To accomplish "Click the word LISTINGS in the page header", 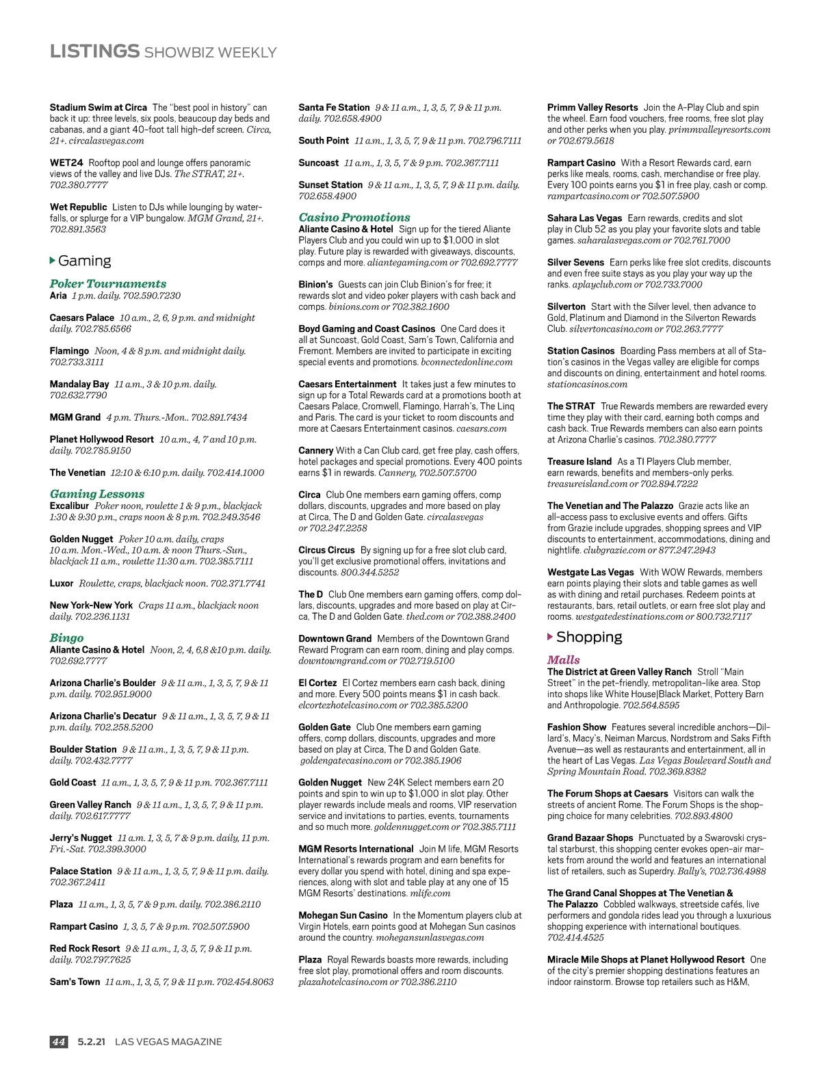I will click(x=94, y=51).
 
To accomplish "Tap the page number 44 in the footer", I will click(x=59, y=1041).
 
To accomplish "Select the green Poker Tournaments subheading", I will click(x=108, y=283).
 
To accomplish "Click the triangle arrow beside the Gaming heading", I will click(x=53, y=261).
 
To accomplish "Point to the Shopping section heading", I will click(x=588, y=637).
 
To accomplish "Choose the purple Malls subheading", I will click(x=563, y=660).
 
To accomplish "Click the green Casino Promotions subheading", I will click(x=354, y=218).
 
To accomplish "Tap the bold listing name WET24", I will click(x=66, y=163).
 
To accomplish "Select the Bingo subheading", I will click(x=66, y=638).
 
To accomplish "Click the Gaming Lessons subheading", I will click(x=97, y=494).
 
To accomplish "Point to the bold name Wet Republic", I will click(x=79, y=207).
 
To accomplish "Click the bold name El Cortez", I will click(x=317, y=683).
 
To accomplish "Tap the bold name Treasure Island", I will click(x=579, y=462).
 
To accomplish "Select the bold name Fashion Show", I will click(x=576, y=727).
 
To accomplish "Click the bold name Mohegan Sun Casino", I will click(x=343, y=915).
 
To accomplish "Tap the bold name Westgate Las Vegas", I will click(x=590, y=572).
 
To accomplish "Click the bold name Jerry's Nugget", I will click(x=81, y=838).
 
